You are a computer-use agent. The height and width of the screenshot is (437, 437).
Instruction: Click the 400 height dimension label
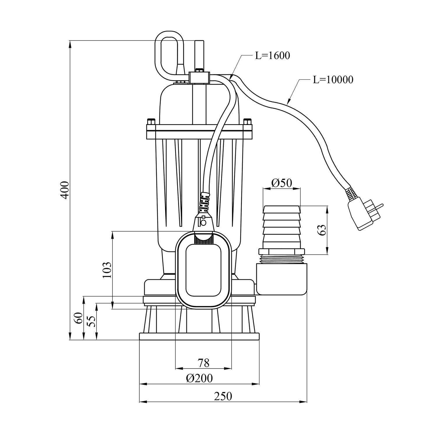pos(65,190)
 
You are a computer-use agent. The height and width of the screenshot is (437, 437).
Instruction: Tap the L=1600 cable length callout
pos(272,55)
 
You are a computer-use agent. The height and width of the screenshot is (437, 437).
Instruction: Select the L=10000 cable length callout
pos(333,79)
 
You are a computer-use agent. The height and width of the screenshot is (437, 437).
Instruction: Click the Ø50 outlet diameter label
pos(281,183)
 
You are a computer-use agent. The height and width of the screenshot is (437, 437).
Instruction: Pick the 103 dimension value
pos(107,270)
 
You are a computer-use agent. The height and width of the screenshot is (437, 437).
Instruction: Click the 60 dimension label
pos(78,318)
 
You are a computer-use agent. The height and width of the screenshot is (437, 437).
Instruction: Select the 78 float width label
pos(204,363)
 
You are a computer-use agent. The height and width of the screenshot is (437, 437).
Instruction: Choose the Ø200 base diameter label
pos(199,378)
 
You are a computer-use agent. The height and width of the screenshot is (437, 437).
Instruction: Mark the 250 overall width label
pos(223,396)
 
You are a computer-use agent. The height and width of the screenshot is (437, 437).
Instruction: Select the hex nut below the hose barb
pos(281,252)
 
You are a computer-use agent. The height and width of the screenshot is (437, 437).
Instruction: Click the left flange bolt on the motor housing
pos(151,122)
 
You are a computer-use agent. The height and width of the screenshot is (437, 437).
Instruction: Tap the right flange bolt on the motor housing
pos(247,122)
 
